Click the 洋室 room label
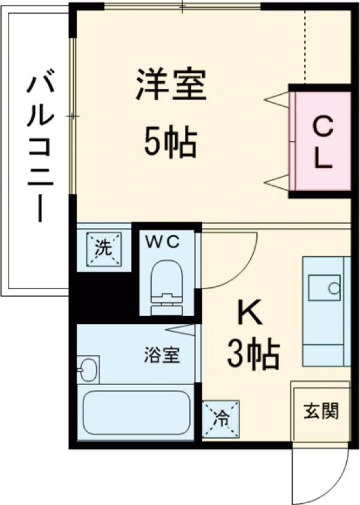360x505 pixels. [171, 85]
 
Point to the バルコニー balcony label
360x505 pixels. [37, 147]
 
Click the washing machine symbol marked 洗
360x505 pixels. [104, 248]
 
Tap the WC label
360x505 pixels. [164, 243]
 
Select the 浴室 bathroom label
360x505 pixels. [162, 355]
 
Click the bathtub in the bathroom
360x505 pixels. [136, 412]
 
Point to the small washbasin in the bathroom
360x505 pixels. [88, 369]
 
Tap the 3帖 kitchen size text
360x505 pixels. [253, 354]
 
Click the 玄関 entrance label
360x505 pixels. [320, 411]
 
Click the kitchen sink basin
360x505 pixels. [325, 287]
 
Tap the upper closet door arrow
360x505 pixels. [277, 100]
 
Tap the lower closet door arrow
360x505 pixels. [277, 182]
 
